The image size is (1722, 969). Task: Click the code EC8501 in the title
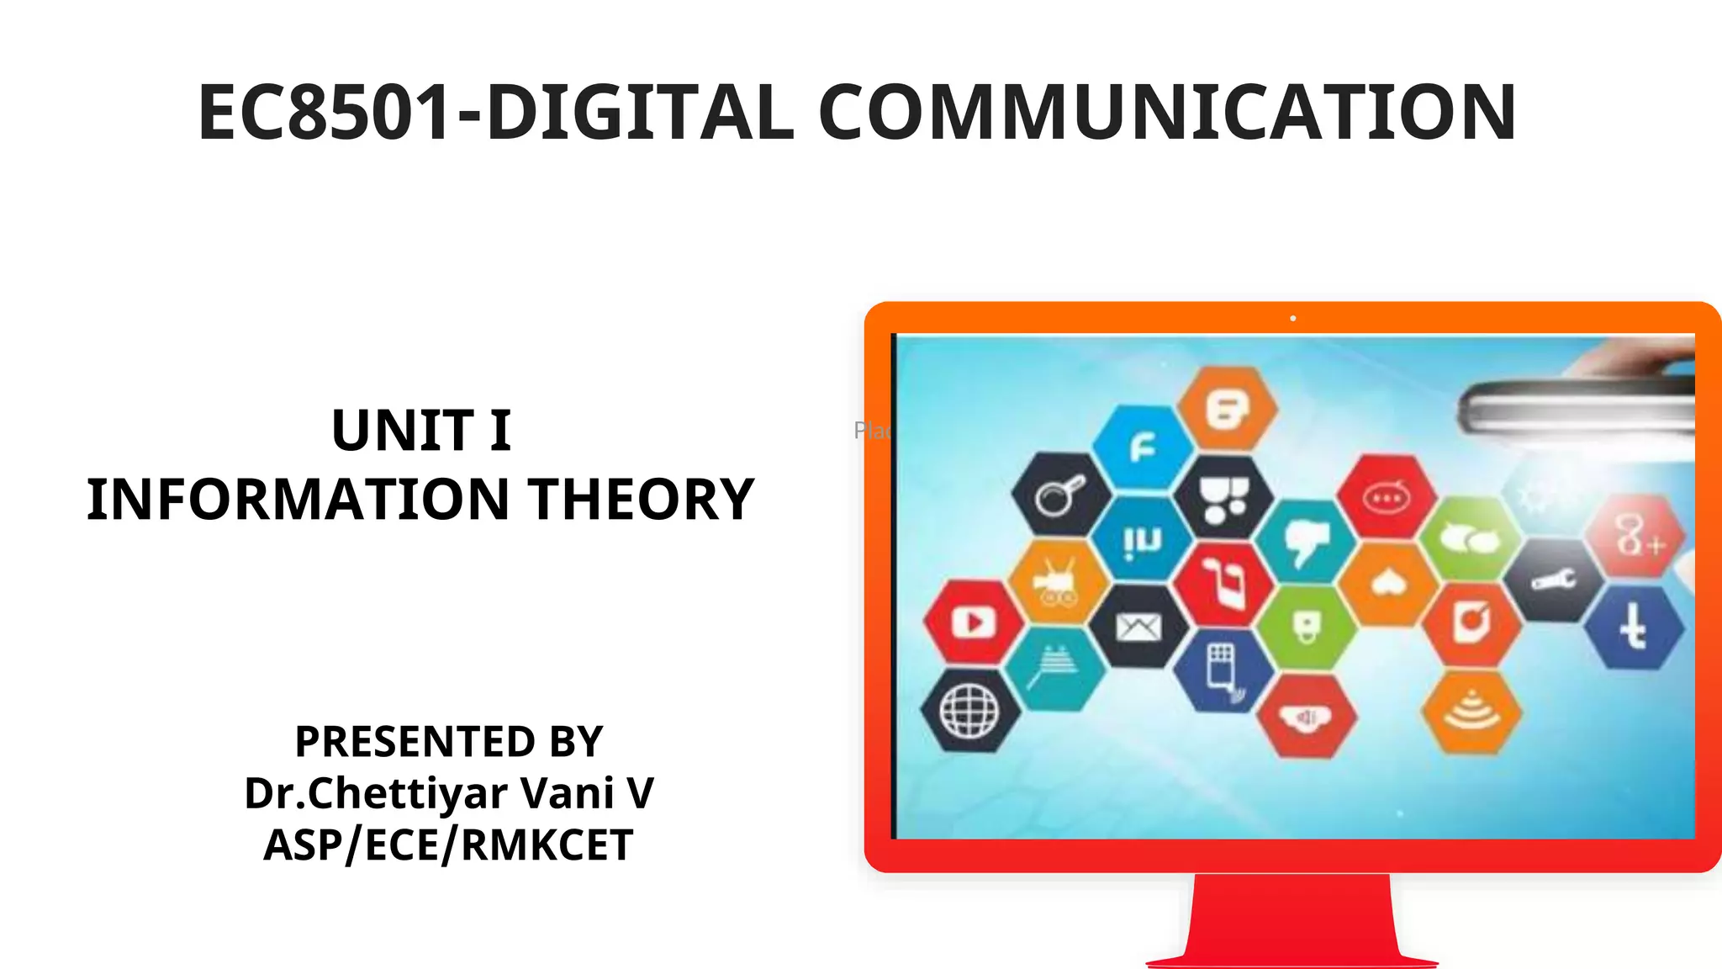pyautogui.click(x=326, y=113)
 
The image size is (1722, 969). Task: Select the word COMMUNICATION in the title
pyautogui.click(x=1167, y=113)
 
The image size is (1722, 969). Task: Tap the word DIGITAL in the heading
pyautogui.click(x=639, y=113)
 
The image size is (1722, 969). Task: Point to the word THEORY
pyautogui.click(x=641, y=499)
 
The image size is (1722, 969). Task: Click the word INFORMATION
pyautogui.click(x=298, y=499)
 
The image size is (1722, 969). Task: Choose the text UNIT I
pyautogui.click(x=421, y=431)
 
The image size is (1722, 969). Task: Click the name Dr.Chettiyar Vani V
pyautogui.click(x=448, y=793)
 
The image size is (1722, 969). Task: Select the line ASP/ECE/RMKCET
pyautogui.click(x=448, y=845)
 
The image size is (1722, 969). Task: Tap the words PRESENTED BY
pyautogui.click(x=448, y=742)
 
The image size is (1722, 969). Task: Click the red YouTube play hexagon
pyautogui.click(x=974, y=623)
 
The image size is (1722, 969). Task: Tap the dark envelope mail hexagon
pyautogui.click(x=1138, y=627)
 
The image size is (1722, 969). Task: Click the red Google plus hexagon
pyautogui.click(x=1635, y=537)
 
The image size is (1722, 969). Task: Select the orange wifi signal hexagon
pyautogui.click(x=1471, y=712)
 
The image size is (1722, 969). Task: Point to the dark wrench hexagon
pyautogui.click(x=1552, y=580)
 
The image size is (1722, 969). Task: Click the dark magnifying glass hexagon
pyautogui.click(x=1060, y=496)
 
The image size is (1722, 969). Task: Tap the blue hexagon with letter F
pyautogui.click(x=1143, y=448)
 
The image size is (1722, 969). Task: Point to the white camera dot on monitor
pyautogui.click(x=1293, y=319)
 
